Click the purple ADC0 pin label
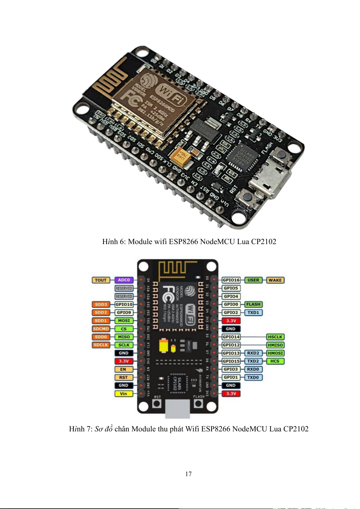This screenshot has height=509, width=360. click(124, 280)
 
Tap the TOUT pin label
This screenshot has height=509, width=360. click(101, 280)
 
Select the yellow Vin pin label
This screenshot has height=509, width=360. click(124, 394)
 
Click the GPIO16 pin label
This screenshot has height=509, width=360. click(231, 280)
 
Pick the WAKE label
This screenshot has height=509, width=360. click(275, 280)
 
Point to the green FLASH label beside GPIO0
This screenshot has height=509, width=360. click(253, 304)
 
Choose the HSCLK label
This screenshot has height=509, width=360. click(275, 337)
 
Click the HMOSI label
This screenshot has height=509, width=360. click(275, 353)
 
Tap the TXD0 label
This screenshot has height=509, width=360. click(253, 377)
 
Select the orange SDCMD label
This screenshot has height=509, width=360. click(101, 329)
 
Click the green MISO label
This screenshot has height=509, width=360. click(124, 337)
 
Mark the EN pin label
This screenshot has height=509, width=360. click(123, 369)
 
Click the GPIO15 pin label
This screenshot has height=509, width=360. click(231, 361)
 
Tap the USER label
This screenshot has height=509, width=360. click(253, 280)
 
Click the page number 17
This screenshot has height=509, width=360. click(188, 474)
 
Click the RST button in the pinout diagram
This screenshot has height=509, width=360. click(157, 404)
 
